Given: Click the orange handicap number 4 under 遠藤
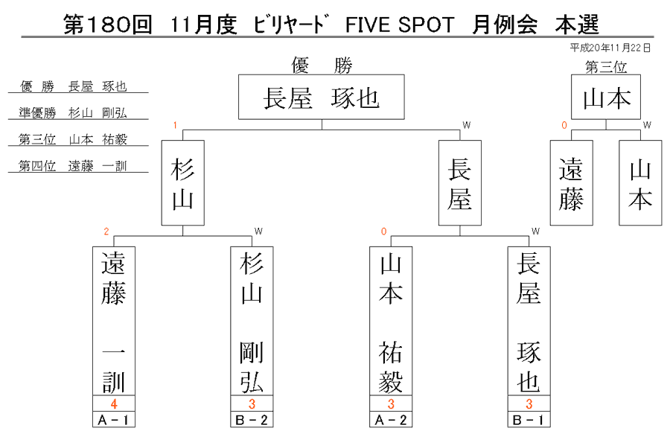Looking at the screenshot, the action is click(x=114, y=403).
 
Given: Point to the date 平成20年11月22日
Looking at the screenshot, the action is click(x=610, y=48).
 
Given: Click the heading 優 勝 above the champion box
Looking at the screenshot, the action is click(x=322, y=66).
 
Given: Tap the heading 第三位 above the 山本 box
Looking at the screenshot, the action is click(x=606, y=67).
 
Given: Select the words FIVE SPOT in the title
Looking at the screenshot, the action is click(x=400, y=25).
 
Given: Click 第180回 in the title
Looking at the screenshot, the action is click(x=108, y=25).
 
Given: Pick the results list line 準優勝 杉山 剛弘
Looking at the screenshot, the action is click(x=73, y=112).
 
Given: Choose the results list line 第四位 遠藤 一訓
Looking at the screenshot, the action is click(x=73, y=166).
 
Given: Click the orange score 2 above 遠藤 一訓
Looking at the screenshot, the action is click(x=106, y=232).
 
